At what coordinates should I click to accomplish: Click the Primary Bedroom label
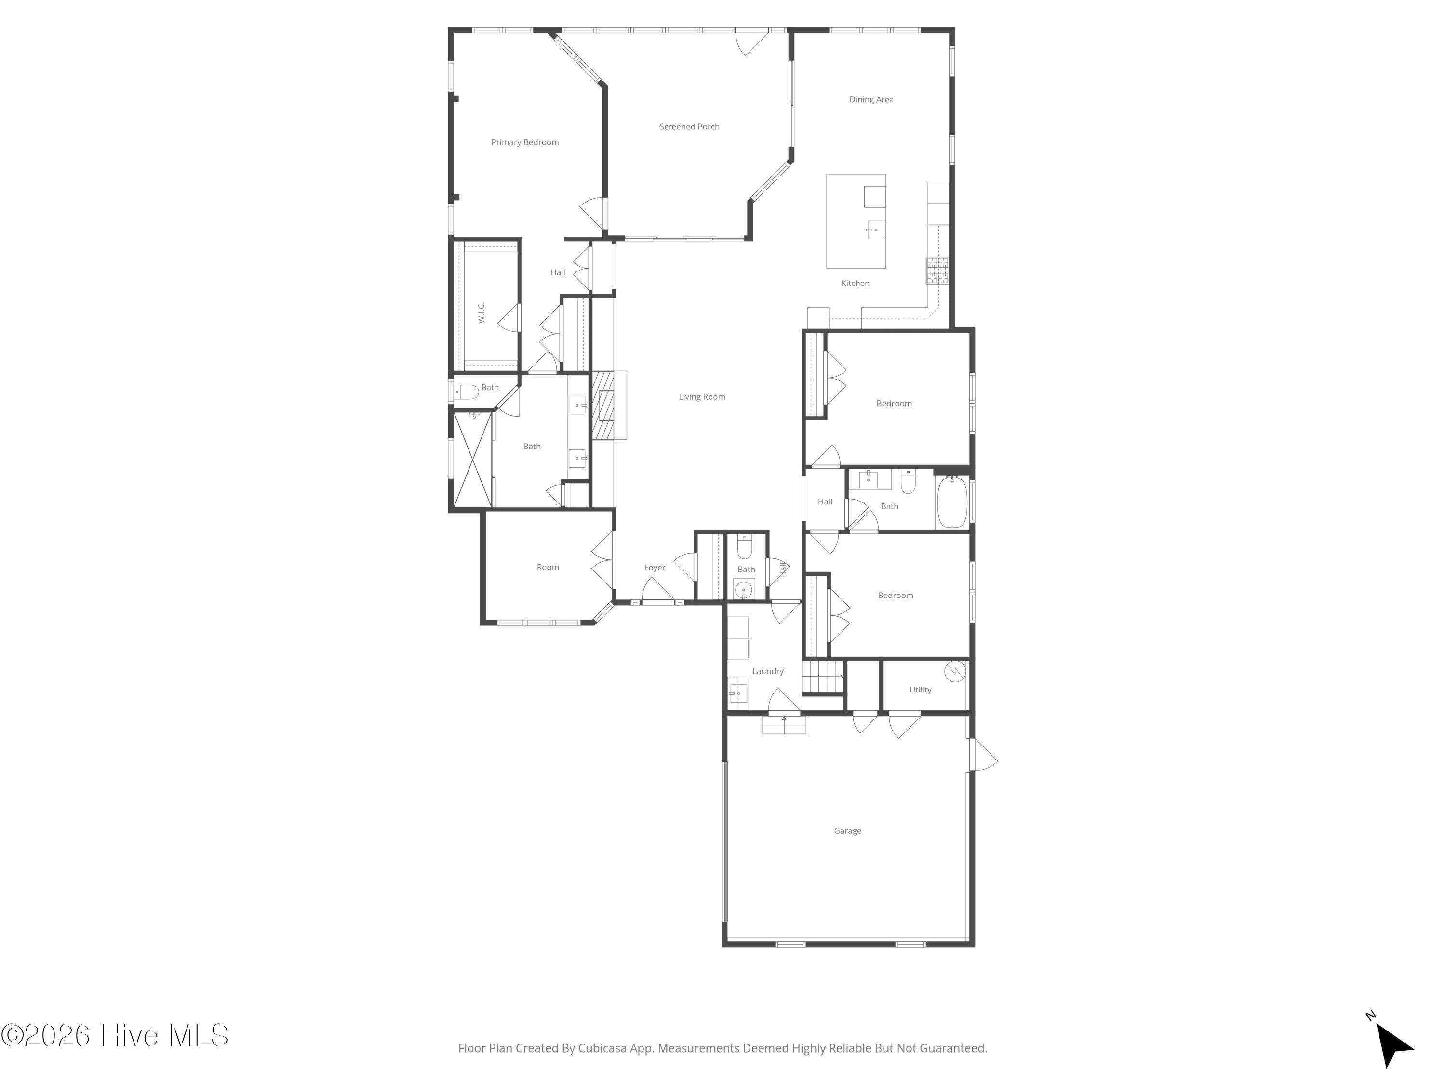(x=525, y=142)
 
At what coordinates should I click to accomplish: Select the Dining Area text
(x=871, y=99)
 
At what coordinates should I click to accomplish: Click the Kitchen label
(x=855, y=283)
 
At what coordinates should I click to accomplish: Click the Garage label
(x=847, y=830)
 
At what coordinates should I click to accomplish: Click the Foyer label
(x=655, y=568)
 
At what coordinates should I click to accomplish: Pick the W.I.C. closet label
(x=481, y=312)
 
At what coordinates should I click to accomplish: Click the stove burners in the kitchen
(x=937, y=270)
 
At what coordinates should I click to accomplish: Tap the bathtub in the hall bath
(x=952, y=502)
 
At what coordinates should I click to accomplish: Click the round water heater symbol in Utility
(x=955, y=671)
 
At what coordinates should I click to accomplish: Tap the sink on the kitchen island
(x=875, y=230)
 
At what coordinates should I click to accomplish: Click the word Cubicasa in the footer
(x=602, y=1048)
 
